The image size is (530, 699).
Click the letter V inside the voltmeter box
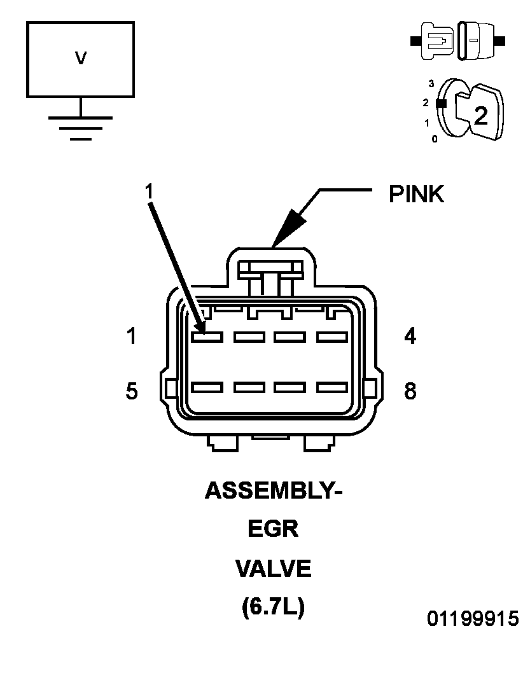80,58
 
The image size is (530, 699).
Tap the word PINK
416,194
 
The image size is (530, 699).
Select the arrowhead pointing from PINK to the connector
288,227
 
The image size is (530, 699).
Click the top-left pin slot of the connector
207,336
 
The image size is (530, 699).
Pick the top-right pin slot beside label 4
332,336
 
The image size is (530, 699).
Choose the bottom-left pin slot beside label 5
207,387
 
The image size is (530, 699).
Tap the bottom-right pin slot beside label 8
332,387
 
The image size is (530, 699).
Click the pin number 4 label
410,336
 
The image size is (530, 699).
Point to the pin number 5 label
132,391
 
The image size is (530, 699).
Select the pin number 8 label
410,391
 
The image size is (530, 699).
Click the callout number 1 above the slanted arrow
149,191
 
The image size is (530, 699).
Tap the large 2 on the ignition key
480,115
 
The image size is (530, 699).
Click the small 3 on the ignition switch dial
431,83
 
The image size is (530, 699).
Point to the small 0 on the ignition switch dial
435,139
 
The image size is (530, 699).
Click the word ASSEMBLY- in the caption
274,491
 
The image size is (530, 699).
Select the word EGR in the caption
273,529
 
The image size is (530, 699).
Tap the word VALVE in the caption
273,569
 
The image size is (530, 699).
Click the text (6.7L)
273,607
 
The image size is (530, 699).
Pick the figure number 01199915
473,618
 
